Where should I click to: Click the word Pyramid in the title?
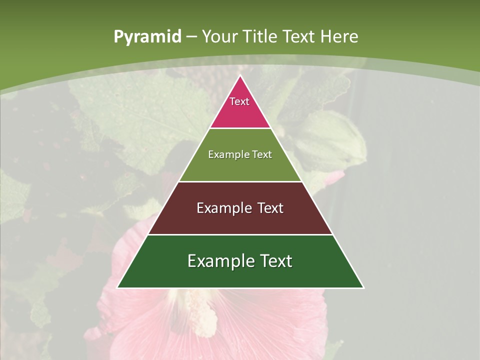point(147,37)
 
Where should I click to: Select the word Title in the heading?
point(260,36)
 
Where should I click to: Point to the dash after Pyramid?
point(191,37)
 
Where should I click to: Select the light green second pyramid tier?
point(240,165)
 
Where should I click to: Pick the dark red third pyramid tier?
point(240,220)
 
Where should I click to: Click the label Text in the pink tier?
point(239,101)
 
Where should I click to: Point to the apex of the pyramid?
point(240,76)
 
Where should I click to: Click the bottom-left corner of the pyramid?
point(118,287)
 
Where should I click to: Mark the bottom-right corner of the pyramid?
point(363,287)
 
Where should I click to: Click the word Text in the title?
point(299,36)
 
